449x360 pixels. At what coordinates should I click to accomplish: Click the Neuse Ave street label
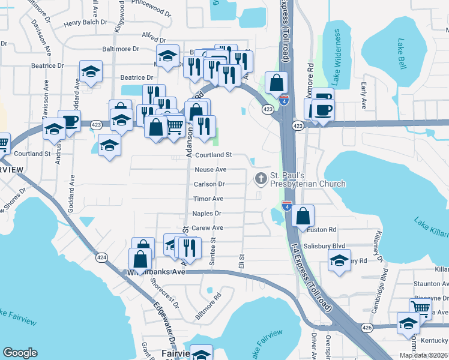tap(209, 170)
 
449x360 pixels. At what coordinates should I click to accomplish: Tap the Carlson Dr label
tap(209, 184)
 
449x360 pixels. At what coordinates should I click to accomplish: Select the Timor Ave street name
tap(208, 199)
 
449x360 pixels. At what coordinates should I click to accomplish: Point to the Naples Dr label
tap(206, 213)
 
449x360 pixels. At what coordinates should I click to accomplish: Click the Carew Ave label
tap(207, 228)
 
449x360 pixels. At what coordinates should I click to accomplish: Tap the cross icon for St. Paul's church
tap(261, 178)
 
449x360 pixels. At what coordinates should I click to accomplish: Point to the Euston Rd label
tap(324, 230)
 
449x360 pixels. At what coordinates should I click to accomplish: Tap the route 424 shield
tap(101, 256)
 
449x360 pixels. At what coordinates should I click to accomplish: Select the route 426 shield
tap(366, 328)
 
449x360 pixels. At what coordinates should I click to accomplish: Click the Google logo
tap(20, 352)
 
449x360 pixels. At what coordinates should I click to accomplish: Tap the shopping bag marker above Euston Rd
tap(304, 216)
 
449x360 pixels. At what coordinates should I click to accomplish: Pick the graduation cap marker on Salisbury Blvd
tap(339, 261)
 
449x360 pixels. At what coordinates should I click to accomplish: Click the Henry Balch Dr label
tap(85, 22)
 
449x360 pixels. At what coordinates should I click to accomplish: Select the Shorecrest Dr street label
tap(165, 292)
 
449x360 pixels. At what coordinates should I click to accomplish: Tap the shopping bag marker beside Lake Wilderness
tap(277, 83)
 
